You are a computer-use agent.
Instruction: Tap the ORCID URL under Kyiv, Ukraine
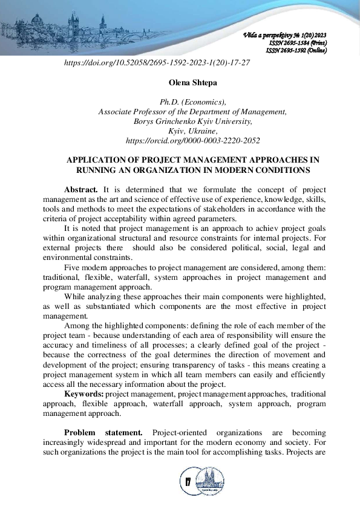(x=192, y=140)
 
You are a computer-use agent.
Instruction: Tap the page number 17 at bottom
(x=187, y=482)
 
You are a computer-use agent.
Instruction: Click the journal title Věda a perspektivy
(x=266, y=36)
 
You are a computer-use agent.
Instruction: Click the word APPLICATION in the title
(x=98, y=160)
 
